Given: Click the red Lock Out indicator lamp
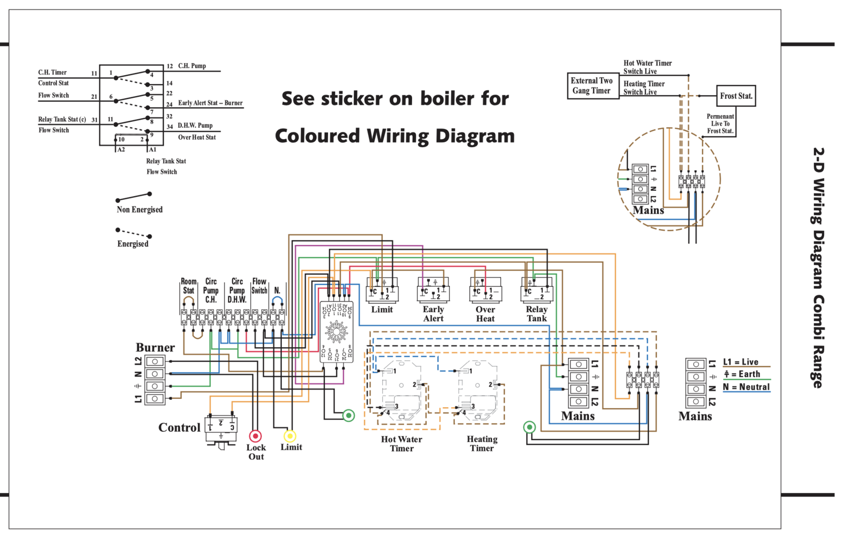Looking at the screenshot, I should (255, 436).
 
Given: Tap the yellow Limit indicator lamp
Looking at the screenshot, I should (290, 436).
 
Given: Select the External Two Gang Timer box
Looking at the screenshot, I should (592, 86).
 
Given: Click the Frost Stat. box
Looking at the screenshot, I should (736, 96).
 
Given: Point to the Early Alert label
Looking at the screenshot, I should (433, 314).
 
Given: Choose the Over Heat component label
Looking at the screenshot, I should (485, 314).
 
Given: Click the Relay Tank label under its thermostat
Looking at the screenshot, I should (537, 314).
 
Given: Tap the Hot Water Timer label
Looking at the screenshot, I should (402, 443).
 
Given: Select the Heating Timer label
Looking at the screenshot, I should (482, 443).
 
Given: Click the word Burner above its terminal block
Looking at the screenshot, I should (155, 347).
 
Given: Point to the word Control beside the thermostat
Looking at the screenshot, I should (179, 428).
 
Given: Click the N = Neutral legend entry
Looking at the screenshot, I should (746, 387).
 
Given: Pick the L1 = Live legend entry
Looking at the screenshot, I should (741, 362).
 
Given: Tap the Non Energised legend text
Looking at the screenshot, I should (139, 210).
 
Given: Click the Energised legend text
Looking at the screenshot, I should (132, 244).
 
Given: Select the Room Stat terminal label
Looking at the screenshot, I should (188, 286).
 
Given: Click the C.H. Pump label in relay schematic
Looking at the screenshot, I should (192, 66).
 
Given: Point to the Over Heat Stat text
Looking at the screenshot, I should (197, 138).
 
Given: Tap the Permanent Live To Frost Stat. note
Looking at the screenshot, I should (720, 123).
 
